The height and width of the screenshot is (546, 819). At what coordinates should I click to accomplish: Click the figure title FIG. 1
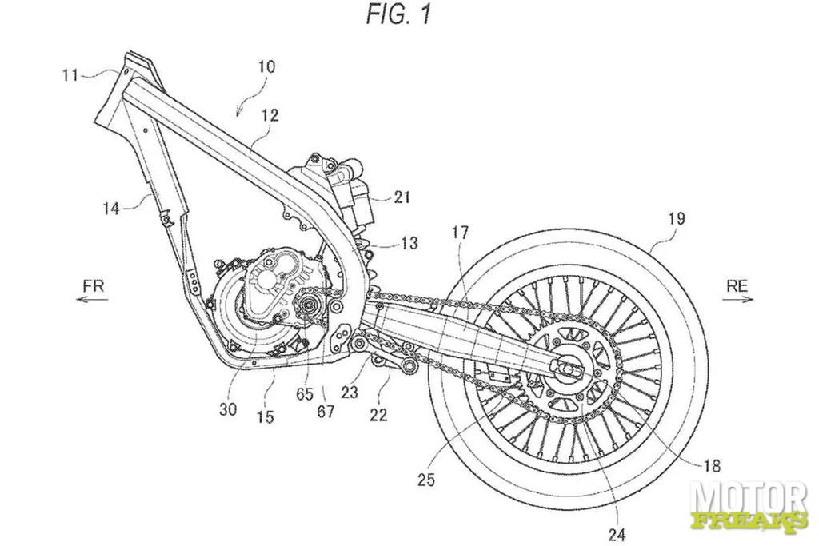click(x=398, y=14)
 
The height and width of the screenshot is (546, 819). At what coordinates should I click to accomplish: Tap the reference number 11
click(x=70, y=75)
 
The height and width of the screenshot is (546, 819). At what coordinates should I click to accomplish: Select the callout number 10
click(x=266, y=67)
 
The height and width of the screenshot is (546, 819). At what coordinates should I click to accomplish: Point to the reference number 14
click(x=110, y=209)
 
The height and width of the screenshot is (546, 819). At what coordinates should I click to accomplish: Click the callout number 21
click(x=401, y=197)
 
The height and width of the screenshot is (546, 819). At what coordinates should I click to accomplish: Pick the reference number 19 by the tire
click(x=675, y=217)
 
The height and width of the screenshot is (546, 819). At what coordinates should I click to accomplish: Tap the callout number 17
click(x=460, y=232)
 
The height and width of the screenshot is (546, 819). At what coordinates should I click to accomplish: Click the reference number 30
click(x=228, y=409)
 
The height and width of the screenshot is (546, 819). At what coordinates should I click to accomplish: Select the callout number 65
click(x=305, y=393)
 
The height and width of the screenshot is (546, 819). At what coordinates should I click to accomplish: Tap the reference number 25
click(x=426, y=479)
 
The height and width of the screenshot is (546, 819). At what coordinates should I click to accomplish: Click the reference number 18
click(x=712, y=464)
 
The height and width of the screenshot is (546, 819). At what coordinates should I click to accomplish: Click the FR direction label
click(x=94, y=285)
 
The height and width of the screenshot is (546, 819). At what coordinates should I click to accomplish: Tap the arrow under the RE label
click(x=738, y=300)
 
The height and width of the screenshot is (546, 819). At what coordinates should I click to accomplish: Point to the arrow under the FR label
click(x=92, y=299)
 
